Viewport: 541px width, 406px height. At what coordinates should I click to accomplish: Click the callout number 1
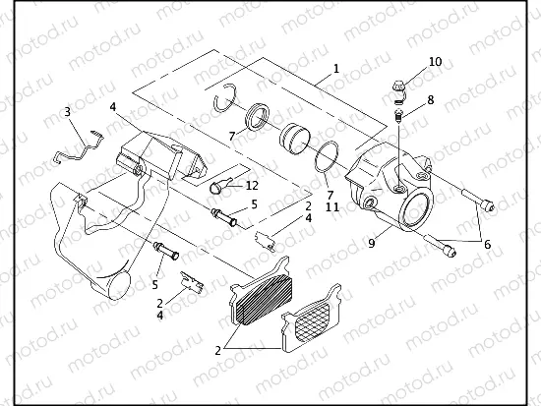point(335,69)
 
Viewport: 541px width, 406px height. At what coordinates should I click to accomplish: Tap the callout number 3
point(68,112)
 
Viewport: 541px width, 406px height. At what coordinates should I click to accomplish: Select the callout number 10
point(435,62)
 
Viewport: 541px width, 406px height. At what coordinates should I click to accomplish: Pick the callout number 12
point(253,186)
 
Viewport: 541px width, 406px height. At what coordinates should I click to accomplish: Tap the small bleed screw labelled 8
point(396,117)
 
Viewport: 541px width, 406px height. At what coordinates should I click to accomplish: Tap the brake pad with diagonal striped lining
point(264,294)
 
